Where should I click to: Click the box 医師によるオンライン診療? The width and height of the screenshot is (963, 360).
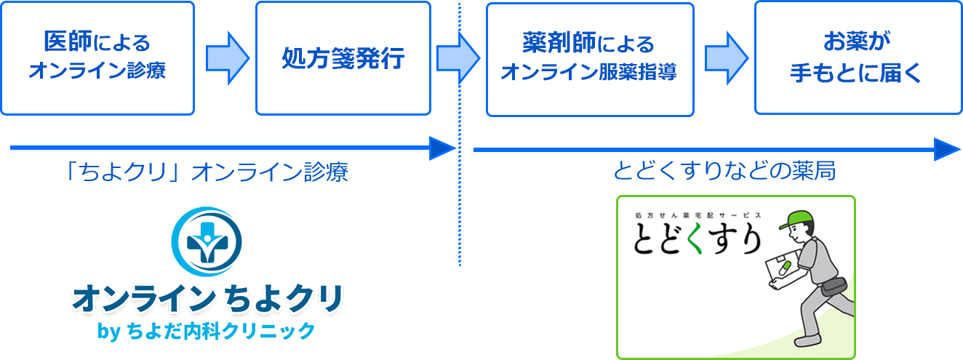click(x=97, y=58)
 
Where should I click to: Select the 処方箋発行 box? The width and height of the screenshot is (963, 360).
click(x=343, y=58)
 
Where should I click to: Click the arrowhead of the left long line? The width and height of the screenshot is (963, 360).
click(x=441, y=148)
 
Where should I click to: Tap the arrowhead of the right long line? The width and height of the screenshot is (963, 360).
click(x=946, y=149)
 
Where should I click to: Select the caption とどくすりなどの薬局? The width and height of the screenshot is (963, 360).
click(x=724, y=171)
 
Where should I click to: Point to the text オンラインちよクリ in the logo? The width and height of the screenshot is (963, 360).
click(x=206, y=297)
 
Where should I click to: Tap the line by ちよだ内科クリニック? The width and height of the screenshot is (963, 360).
click(x=206, y=331)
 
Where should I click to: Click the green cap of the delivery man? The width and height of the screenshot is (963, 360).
click(x=794, y=217)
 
